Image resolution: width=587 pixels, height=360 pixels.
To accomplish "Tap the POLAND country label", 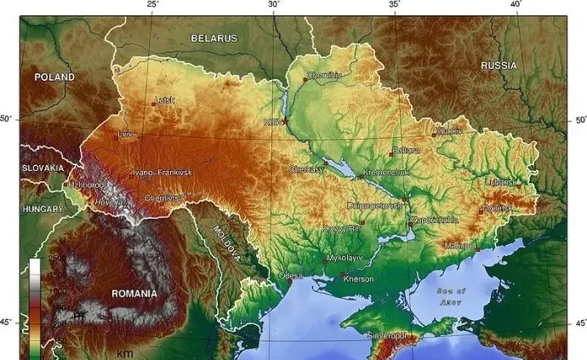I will tap(54, 77).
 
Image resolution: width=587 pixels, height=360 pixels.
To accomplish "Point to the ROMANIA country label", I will tap(134, 294).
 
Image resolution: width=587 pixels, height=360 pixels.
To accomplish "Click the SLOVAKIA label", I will tap(43, 169).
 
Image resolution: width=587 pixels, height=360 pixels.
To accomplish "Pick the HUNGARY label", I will tap(43, 209).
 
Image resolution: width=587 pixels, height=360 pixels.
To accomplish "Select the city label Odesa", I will tap(290, 276).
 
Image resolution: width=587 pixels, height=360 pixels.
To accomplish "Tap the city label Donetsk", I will tap(499, 208).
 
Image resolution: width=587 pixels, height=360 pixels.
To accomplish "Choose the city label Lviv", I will tap(126, 134).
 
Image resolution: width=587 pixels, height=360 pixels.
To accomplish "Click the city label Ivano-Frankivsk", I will tap(162, 173).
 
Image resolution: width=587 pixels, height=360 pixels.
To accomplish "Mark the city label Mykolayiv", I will tap(344, 256).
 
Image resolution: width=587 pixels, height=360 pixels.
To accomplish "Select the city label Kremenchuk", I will tap(387, 172).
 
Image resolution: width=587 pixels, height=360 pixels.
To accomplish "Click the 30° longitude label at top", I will tap(274, 5).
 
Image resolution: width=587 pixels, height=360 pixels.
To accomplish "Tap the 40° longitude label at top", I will tap(516, 5).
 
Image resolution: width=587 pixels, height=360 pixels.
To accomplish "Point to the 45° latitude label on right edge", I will tap(579, 323).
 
